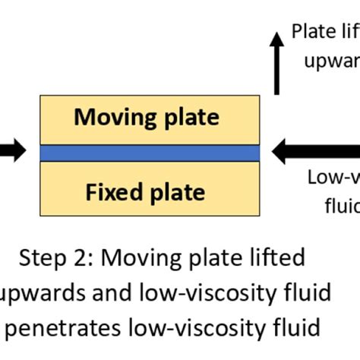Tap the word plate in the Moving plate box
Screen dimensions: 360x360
190,117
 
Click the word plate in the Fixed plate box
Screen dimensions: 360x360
177,191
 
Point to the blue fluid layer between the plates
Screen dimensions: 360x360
149,153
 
